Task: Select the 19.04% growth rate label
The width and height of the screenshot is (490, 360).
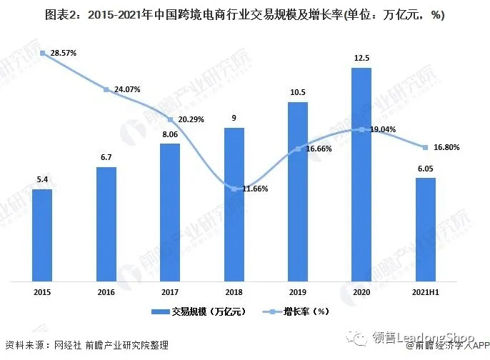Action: pyautogui.click(x=386, y=130)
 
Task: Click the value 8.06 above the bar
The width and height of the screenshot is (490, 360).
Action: pyautogui.click(x=170, y=134)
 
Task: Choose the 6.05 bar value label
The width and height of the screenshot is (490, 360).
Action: pyautogui.click(x=425, y=168)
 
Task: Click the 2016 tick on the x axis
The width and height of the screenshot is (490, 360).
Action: pyautogui.click(x=106, y=292)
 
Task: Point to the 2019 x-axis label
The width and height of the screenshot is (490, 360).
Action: pyautogui.click(x=298, y=292)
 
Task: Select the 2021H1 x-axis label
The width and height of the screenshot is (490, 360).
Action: pyautogui.click(x=426, y=292)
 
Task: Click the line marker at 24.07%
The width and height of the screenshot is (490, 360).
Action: pyautogui.click(x=106, y=89)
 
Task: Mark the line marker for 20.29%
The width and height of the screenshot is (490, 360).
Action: pyautogui.click(x=170, y=119)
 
